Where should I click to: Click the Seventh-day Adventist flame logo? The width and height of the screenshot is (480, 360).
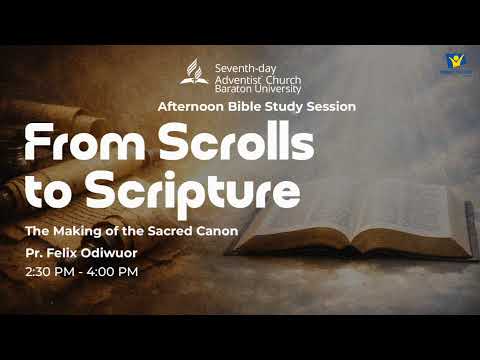pos(194,71)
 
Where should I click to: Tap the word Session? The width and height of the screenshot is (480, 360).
pos(329,106)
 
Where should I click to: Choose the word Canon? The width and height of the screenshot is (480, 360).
pos(217,232)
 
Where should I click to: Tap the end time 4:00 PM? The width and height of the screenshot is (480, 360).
pos(112,271)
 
